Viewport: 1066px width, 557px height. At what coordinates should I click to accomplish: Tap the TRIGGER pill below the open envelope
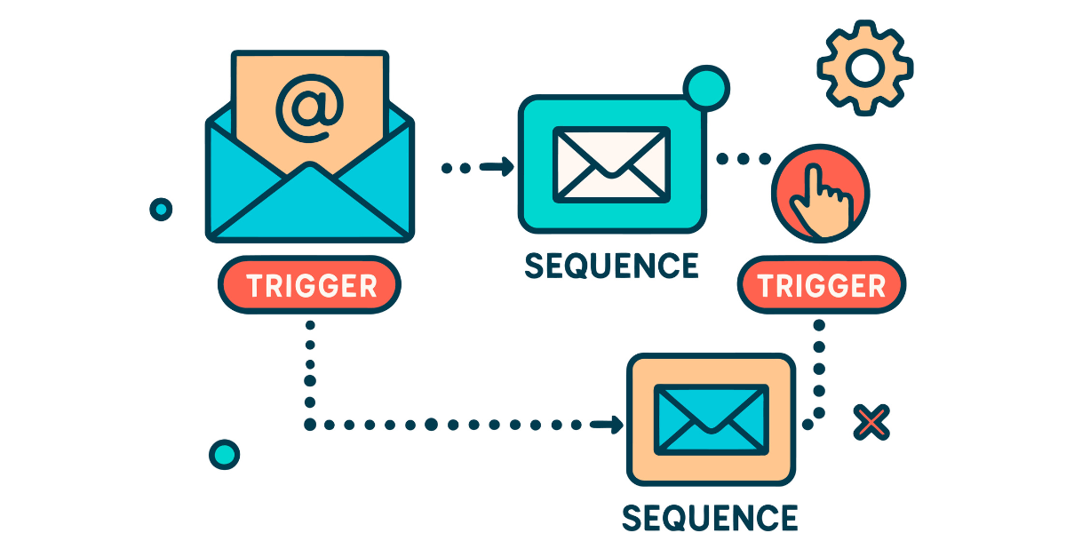click(310, 285)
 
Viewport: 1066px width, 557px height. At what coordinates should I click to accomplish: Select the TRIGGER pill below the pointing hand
click(822, 285)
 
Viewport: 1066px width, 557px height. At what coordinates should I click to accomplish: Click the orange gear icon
click(865, 68)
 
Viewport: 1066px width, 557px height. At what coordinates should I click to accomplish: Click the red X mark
click(871, 423)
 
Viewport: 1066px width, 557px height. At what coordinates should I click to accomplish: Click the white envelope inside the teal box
click(610, 163)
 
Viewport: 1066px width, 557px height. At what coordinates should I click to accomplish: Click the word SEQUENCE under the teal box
click(611, 266)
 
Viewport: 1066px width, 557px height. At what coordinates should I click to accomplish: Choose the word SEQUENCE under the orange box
click(710, 517)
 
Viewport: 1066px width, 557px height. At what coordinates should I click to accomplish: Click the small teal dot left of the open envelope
click(161, 210)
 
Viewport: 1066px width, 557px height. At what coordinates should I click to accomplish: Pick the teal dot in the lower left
click(224, 454)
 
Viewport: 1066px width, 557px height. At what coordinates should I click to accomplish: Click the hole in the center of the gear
click(865, 68)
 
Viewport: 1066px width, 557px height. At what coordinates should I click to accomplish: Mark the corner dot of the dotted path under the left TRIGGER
click(310, 425)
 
